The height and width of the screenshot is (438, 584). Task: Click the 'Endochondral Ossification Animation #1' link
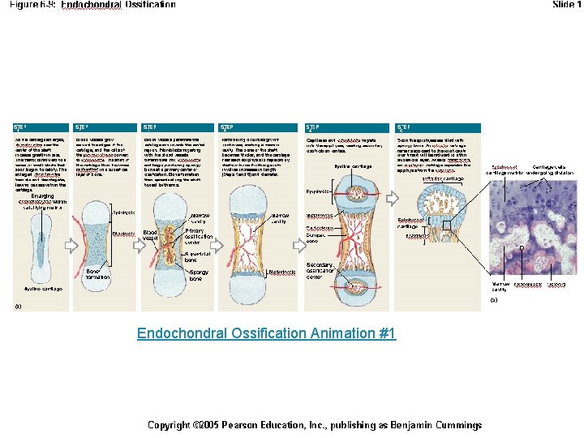[x=266, y=333]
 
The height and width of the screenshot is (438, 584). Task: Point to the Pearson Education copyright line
[x=314, y=425]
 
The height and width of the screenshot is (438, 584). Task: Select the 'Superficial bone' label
[x=198, y=256]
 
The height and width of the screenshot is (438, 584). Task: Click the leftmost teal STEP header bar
[x=41, y=128]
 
